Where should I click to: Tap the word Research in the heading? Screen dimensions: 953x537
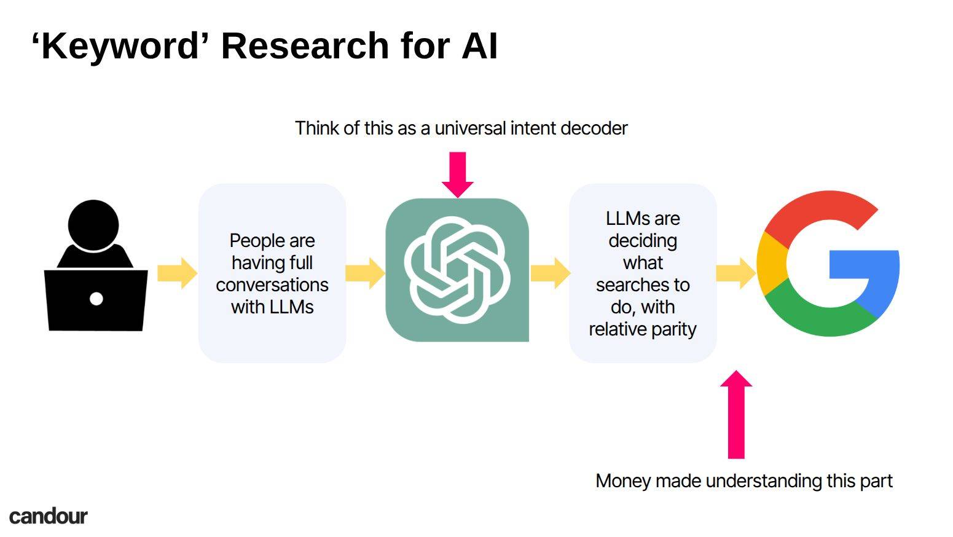tap(305, 45)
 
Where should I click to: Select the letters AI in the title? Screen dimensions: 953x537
tap(479, 45)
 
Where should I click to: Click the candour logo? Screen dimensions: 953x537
tap(49, 516)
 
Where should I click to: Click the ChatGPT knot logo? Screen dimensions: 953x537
tap(457, 270)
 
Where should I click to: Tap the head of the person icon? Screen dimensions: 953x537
tap(93, 225)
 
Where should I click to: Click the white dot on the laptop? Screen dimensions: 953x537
tap(96, 299)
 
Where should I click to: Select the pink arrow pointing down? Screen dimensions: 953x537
tap(457, 174)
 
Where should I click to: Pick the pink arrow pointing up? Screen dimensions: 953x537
tap(736, 415)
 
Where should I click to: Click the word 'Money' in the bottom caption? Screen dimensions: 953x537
tap(623, 481)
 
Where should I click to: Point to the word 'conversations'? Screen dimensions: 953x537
tap(272, 284)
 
